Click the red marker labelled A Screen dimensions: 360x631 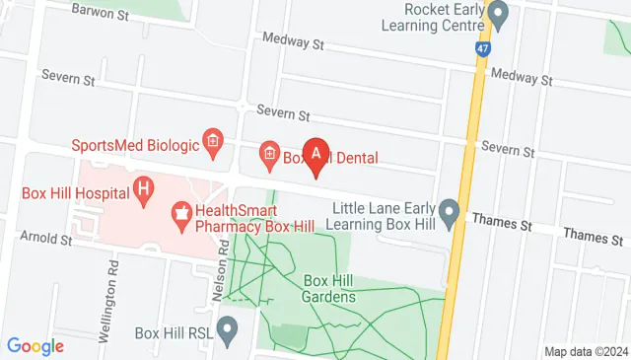coord(315,155)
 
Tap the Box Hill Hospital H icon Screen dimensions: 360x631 coord(144,186)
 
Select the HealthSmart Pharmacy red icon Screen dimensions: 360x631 coord(180,211)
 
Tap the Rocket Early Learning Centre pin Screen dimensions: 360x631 coord(499,16)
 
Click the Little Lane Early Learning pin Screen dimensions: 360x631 coord(450,211)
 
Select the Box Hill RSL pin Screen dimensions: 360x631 coord(228,331)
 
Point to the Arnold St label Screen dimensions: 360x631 coord(46,239)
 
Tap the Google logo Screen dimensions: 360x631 coord(35,346)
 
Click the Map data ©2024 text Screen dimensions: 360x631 coord(587,351)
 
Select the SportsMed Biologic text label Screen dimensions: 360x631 coord(134,145)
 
